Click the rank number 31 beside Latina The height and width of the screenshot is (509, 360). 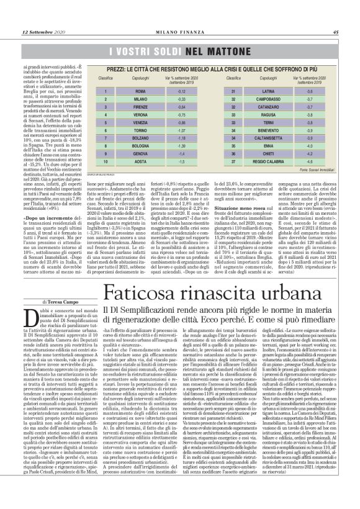(217, 91)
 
